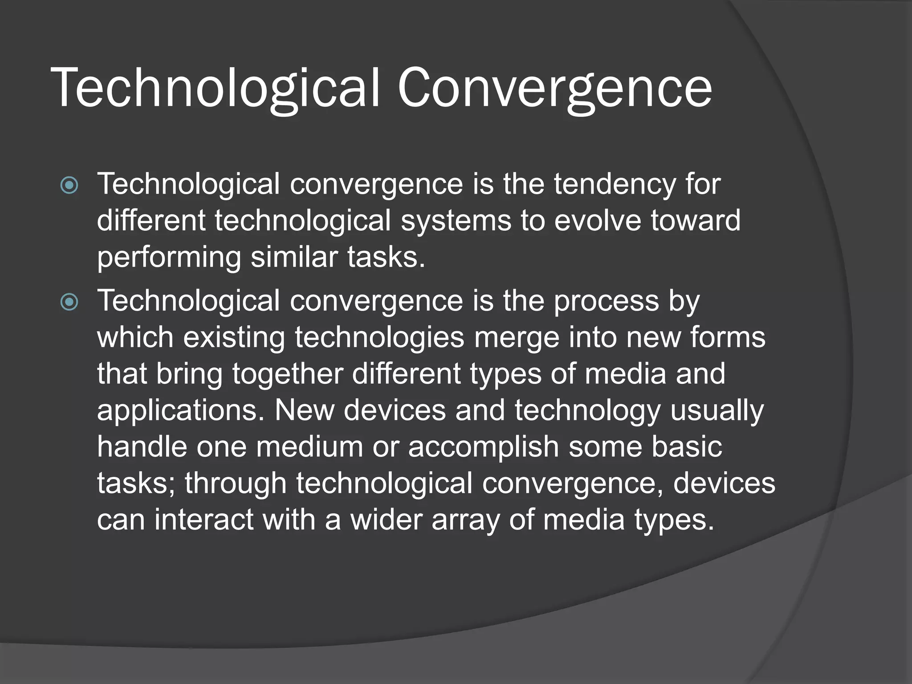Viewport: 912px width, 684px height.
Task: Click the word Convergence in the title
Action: click(554, 88)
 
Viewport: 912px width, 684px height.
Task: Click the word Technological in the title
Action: click(216, 88)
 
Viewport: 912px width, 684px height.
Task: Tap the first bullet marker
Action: click(69, 185)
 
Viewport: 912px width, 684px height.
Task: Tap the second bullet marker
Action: click(69, 302)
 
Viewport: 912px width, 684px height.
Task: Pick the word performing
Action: click(169, 258)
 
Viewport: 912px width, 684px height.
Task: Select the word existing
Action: click(234, 338)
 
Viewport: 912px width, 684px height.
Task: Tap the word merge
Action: click(517, 338)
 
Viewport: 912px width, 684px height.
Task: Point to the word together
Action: click(288, 374)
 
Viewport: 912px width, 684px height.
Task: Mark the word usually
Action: click(717, 411)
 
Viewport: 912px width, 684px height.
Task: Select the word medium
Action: click(309, 447)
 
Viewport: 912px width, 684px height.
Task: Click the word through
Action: click(236, 484)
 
